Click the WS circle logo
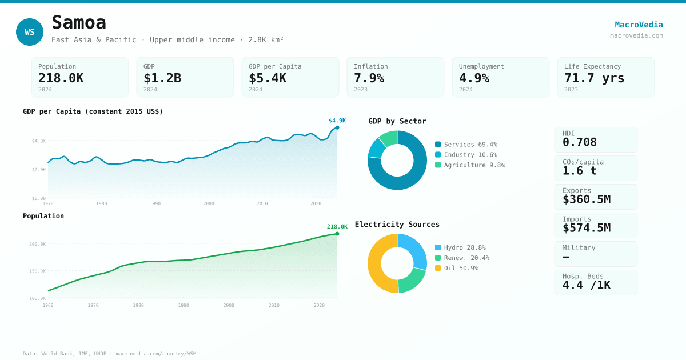(30, 32)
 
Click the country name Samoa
(79, 23)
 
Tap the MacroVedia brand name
(639, 25)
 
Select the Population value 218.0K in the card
(61, 78)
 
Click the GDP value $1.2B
(162, 78)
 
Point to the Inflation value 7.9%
(369, 78)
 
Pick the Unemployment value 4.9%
(474, 78)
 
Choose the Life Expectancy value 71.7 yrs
(595, 78)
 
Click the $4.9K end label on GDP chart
(337, 121)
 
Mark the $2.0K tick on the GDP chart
(39, 170)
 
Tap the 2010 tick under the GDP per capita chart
(262, 203)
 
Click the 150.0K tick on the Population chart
(38, 271)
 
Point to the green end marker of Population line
(337, 234)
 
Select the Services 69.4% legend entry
(466, 145)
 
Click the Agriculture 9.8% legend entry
(469, 165)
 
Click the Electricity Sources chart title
(397, 225)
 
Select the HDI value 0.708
(580, 142)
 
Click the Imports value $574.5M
(587, 228)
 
